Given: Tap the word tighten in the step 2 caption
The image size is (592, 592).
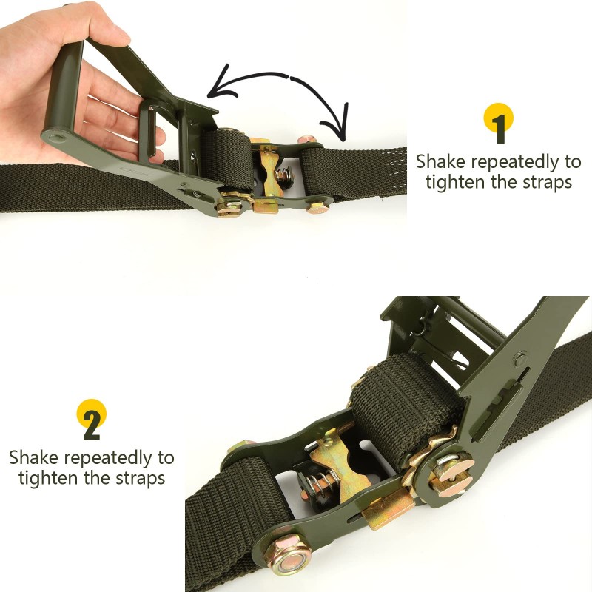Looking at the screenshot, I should [x=47, y=478].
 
